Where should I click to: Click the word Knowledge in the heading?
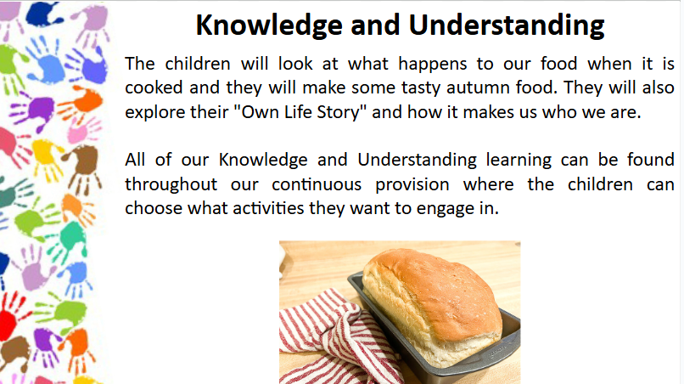pyautogui.click(x=269, y=25)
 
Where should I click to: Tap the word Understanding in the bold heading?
pyautogui.click(x=507, y=25)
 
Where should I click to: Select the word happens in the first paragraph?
pyautogui.click(x=432, y=65)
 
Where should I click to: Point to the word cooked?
pyautogui.click(x=154, y=88)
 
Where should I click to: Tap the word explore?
pyautogui.click(x=154, y=113)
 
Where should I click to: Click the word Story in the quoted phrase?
pyautogui.click(x=341, y=113)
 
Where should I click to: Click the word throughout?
pyautogui.click(x=171, y=185)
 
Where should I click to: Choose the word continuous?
pyautogui.click(x=317, y=185)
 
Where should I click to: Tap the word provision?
pyautogui.click(x=412, y=185)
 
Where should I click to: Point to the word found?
pyautogui.click(x=651, y=160)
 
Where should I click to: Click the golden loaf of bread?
pyautogui.click(x=432, y=306)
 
